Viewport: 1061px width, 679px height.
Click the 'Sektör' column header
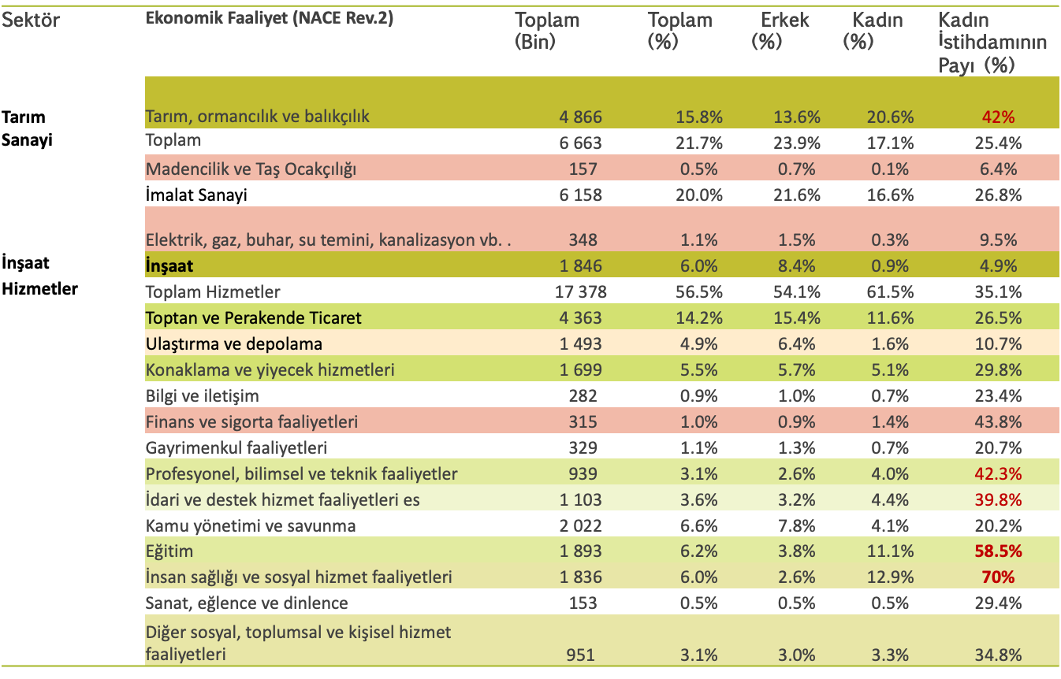click(x=31, y=20)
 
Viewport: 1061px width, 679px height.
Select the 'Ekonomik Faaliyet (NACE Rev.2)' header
click(x=269, y=18)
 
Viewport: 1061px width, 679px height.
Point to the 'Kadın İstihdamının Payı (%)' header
click(x=992, y=43)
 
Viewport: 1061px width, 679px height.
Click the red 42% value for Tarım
click(x=999, y=117)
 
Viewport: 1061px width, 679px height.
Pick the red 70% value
click(x=999, y=577)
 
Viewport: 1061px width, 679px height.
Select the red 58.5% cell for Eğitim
click(x=999, y=551)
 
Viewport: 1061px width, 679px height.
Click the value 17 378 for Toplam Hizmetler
click(x=581, y=292)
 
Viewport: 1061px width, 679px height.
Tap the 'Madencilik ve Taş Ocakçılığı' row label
click(x=251, y=169)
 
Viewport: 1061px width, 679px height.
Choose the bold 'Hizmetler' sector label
click(x=39, y=288)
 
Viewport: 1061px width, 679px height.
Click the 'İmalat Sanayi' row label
click(x=196, y=195)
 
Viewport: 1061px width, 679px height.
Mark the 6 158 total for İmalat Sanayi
click(x=581, y=195)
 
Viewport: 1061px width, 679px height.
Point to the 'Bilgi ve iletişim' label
click(x=203, y=396)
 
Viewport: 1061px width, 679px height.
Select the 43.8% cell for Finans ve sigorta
click(x=999, y=421)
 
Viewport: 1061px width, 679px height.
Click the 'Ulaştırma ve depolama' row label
click(x=234, y=344)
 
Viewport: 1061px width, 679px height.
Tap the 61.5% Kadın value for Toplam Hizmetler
click(x=890, y=292)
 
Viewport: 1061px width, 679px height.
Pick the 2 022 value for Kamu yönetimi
click(x=581, y=525)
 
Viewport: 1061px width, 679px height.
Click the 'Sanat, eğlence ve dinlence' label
click(x=247, y=603)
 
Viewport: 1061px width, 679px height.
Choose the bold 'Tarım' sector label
click(x=24, y=117)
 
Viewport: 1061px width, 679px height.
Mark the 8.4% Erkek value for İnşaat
click(x=797, y=266)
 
